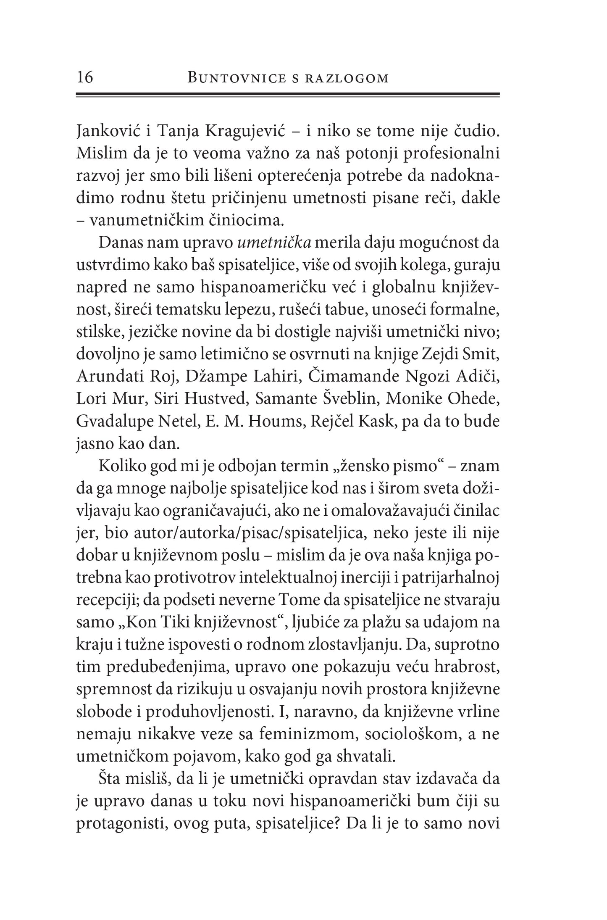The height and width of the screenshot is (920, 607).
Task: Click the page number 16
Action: click(x=85, y=78)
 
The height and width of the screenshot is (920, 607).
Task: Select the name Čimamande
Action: click(x=353, y=377)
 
